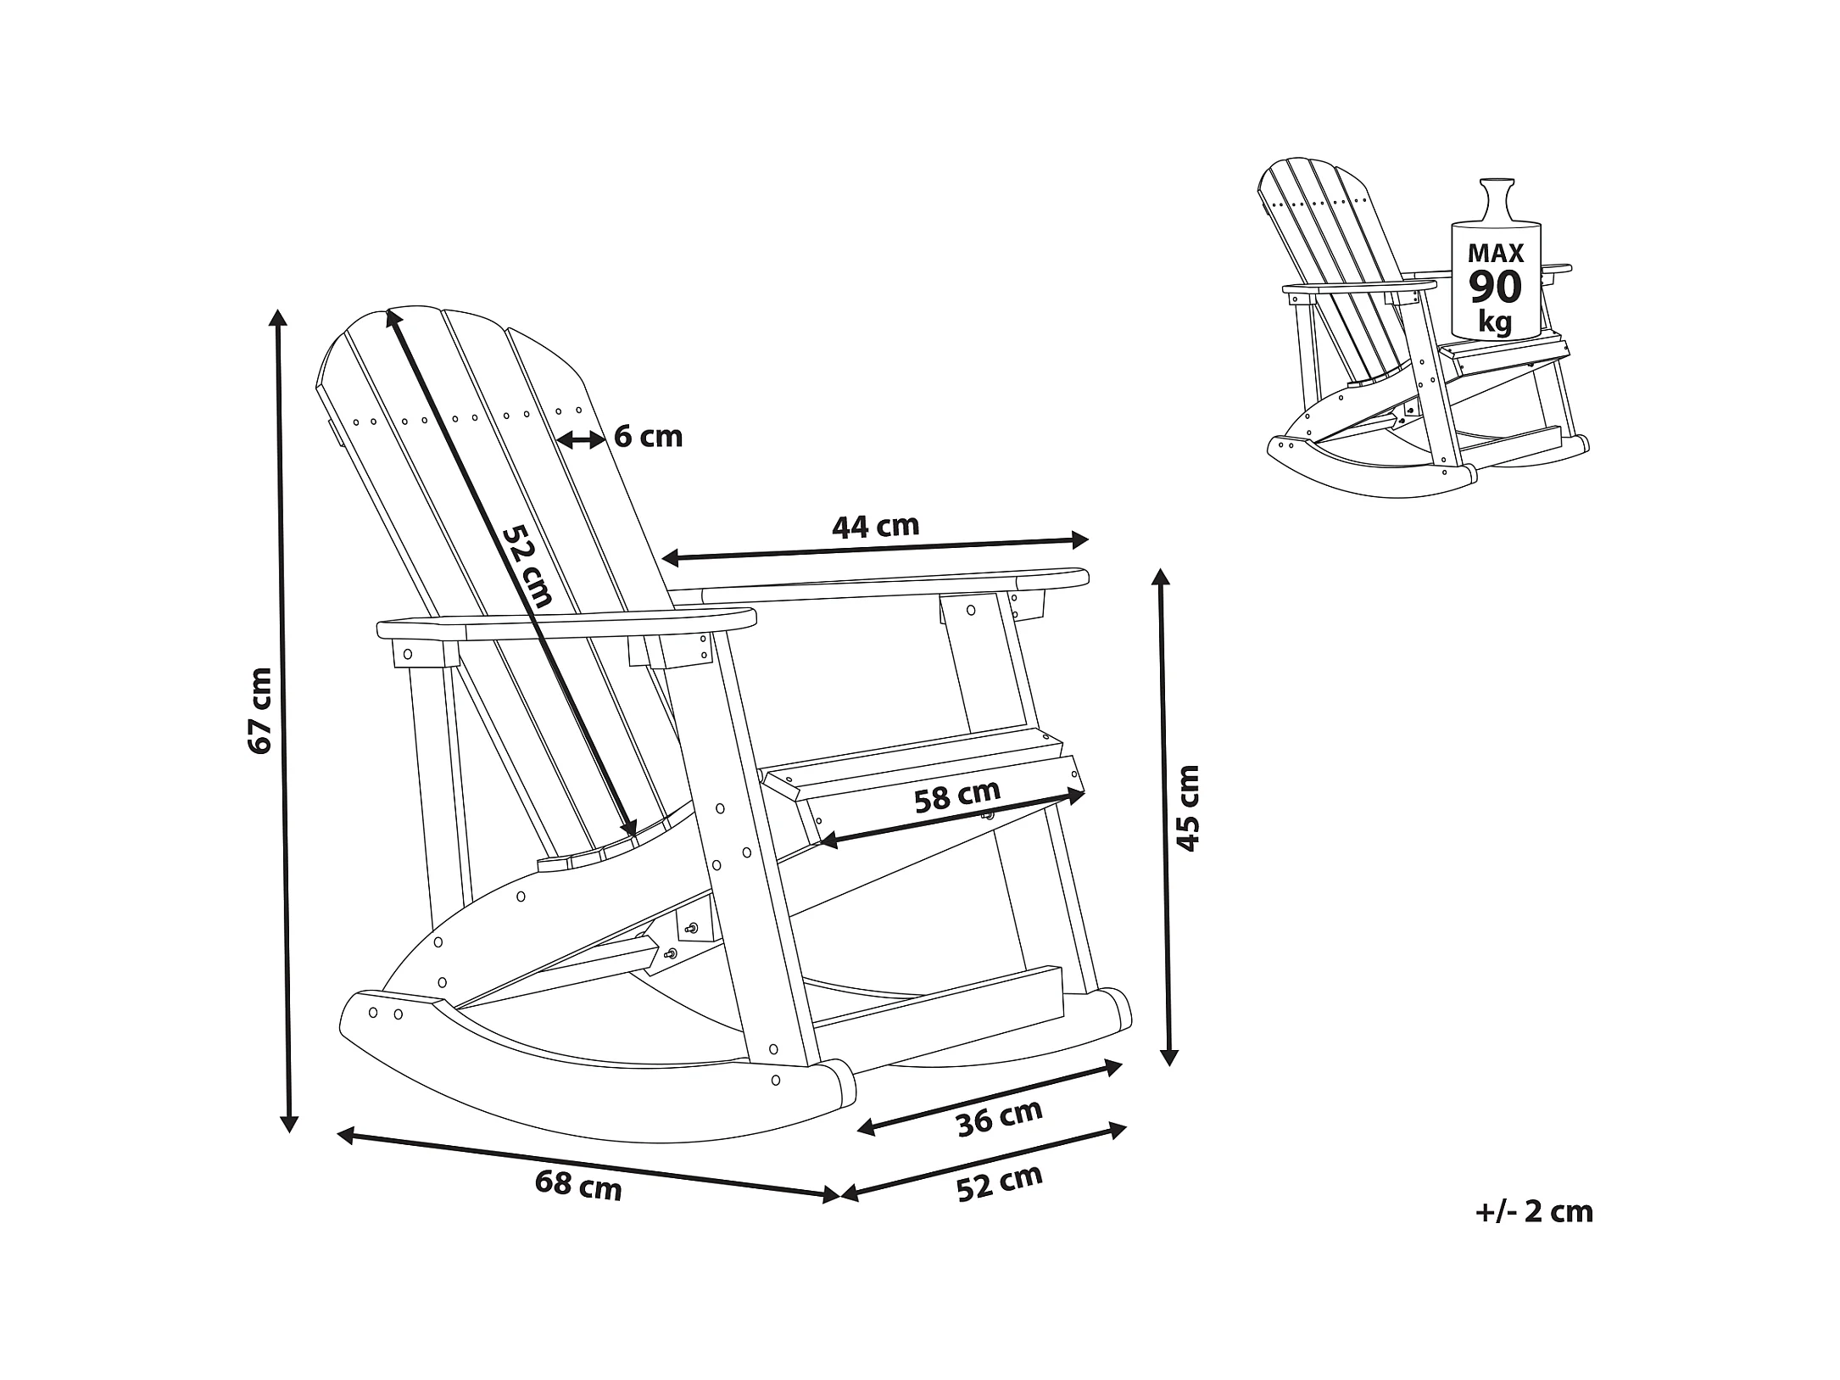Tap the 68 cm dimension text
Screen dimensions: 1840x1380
[x=578, y=1184]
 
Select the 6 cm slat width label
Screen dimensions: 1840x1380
[x=648, y=437]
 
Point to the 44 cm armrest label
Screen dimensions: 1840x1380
[x=875, y=527]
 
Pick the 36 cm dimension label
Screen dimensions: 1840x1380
[x=999, y=1118]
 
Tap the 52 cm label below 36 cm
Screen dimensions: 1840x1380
[x=999, y=1182]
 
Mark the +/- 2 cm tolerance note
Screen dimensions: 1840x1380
[x=1534, y=1212]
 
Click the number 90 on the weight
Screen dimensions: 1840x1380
[x=1496, y=288]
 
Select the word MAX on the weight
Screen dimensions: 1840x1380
[x=1496, y=253]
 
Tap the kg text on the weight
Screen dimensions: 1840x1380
[x=1495, y=322]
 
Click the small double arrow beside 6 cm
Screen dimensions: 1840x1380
[x=581, y=439]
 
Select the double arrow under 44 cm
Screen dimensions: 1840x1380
[x=874, y=549]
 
